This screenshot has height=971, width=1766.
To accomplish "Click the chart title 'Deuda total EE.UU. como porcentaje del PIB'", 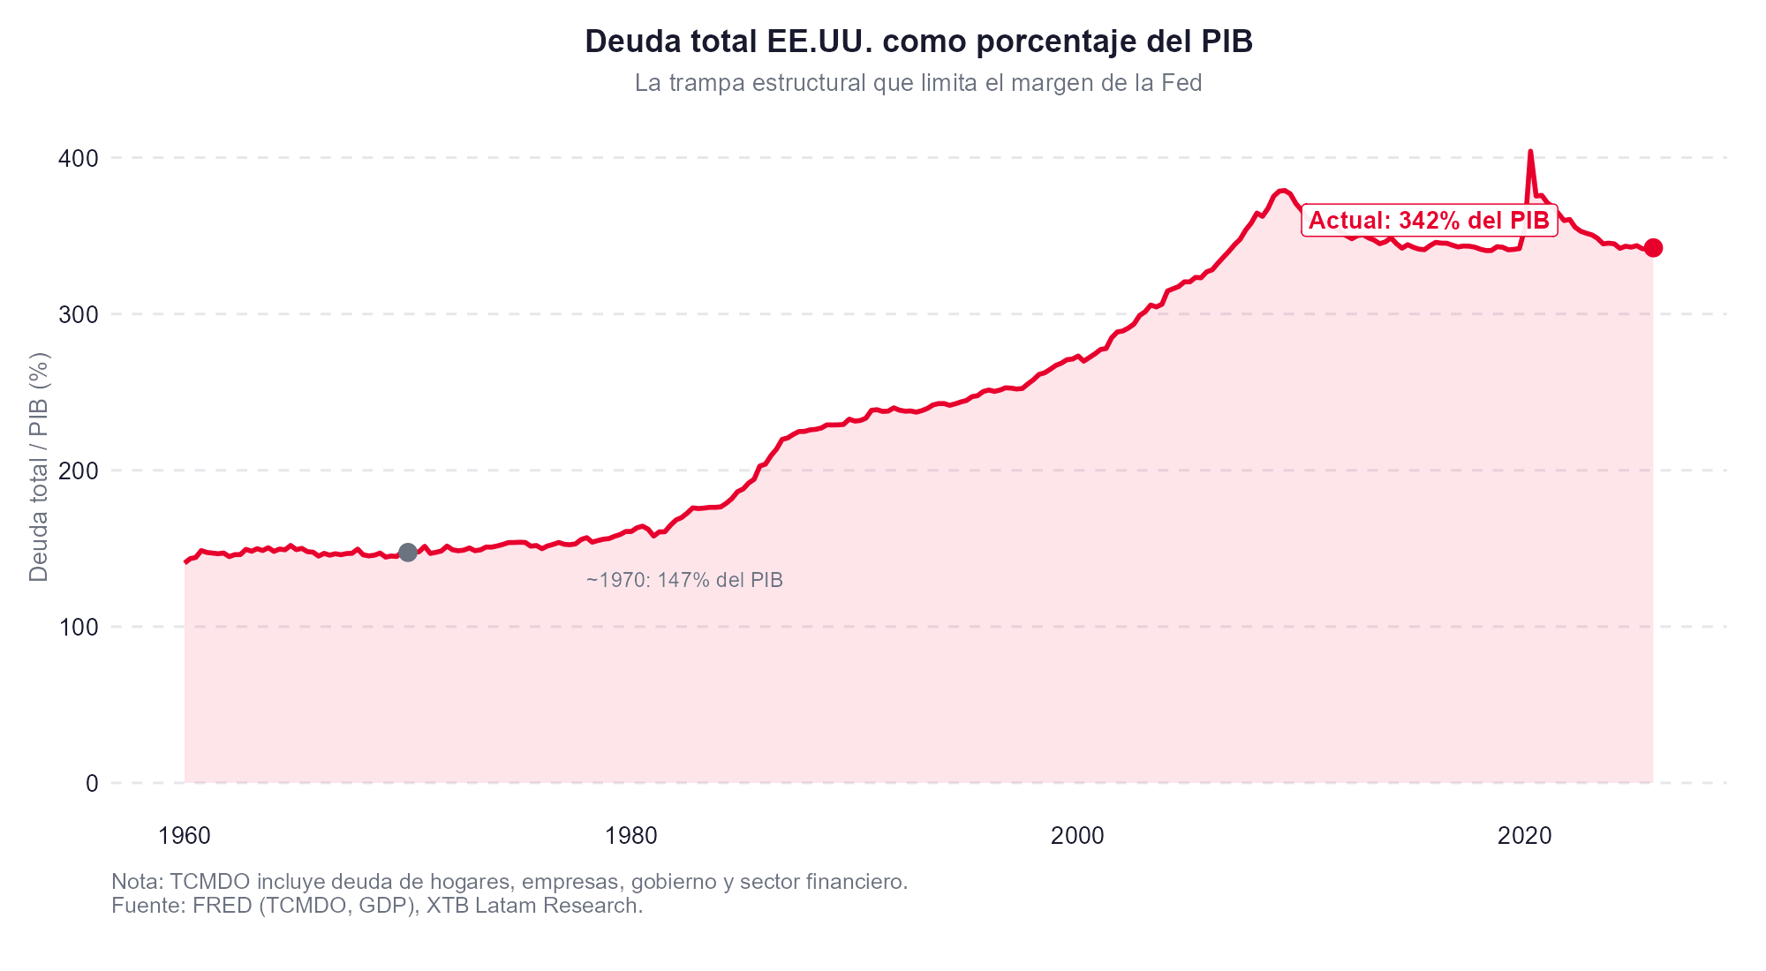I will (918, 41).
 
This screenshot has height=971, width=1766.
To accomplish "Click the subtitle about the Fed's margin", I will (918, 84).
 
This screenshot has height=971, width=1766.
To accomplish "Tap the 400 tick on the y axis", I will (79, 159).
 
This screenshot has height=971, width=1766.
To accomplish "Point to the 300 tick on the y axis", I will (79, 315).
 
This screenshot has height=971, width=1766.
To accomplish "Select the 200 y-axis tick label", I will (79, 471).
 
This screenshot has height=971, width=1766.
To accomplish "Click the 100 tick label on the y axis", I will (79, 628).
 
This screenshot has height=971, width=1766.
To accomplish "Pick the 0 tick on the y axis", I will (91, 784).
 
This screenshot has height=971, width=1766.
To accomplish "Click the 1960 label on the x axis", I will (184, 836).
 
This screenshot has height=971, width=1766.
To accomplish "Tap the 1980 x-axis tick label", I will (630, 836).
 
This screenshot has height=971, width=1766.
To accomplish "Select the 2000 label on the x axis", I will (1077, 836).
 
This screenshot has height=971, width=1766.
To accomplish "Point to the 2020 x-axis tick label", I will (1524, 836).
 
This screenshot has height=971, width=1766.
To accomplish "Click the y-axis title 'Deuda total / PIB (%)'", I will (39, 467).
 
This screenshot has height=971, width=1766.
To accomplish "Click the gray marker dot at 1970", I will (408, 553).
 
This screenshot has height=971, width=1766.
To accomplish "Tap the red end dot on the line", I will (1653, 248).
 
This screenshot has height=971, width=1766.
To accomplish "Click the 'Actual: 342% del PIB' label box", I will (1429, 221).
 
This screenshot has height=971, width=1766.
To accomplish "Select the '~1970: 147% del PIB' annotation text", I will (684, 581).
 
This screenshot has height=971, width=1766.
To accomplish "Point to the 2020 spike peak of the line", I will (1530, 152).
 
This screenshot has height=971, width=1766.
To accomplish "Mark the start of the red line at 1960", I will (185, 561).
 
